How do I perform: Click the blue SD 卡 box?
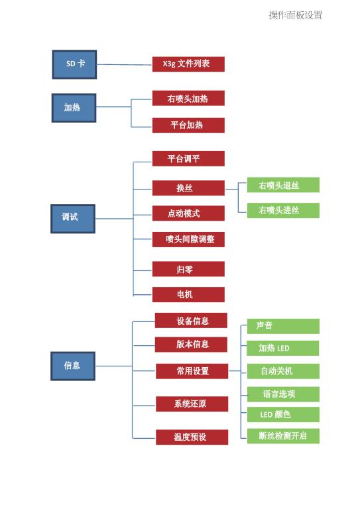(x=74, y=64)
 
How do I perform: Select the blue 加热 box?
(x=74, y=108)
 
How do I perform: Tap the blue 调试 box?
(x=73, y=219)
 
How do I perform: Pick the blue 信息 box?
(x=73, y=366)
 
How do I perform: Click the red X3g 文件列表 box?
(x=188, y=64)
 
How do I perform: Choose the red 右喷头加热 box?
(x=188, y=98)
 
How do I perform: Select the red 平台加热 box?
(x=188, y=125)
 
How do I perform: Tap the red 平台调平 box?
(x=188, y=159)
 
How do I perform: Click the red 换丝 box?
(x=188, y=188)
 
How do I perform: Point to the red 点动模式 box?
(x=188, y=213)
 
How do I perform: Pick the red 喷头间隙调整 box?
(x=188, y=239)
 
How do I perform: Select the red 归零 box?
(x=188, y=269)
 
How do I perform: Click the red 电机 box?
(x=188, y=295)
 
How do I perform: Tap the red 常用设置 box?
(x=192, y=371)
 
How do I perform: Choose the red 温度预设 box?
(x=192, y=437)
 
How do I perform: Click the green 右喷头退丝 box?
(x=283, y=185)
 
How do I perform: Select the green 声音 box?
(x=283, y=326)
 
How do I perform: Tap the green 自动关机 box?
(x=283, y=371)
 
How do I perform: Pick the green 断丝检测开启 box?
(x=283, y=436)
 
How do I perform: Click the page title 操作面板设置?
(x=296, y=15)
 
